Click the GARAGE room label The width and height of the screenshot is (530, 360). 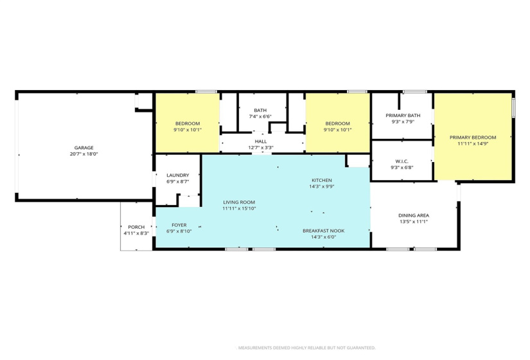(x=84, y=147)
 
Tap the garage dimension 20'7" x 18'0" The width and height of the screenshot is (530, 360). (x=84, y=154)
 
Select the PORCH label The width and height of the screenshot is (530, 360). (x=136, y=226)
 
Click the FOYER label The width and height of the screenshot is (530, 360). (x=179, y=224)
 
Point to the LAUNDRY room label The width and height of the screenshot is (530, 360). (x=177, y=175)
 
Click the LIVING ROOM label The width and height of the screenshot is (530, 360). (x=238, y=201)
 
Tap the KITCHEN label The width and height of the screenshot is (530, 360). (x=322, y=180)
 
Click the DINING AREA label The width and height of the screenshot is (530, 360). (x=414, y=215)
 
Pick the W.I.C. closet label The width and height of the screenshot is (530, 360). (x=402, y=161)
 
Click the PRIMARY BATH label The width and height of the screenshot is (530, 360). (x=403, y=115)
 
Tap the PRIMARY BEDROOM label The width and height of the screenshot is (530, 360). (x=473, y=137)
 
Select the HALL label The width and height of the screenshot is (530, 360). (x=260, y=141)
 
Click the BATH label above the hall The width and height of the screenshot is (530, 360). (x=260, y=110)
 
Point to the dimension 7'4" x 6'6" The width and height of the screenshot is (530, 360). (x=260, y=116)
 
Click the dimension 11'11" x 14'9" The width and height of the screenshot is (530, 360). (x=473, y=144)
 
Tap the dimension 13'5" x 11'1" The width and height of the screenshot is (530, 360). (x=414, y=222)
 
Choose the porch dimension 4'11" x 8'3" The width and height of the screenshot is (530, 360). (x=136, y=233)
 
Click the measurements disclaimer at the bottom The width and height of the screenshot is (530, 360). (x=306, y=348)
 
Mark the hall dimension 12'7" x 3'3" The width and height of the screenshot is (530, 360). (x=260, y=147)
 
